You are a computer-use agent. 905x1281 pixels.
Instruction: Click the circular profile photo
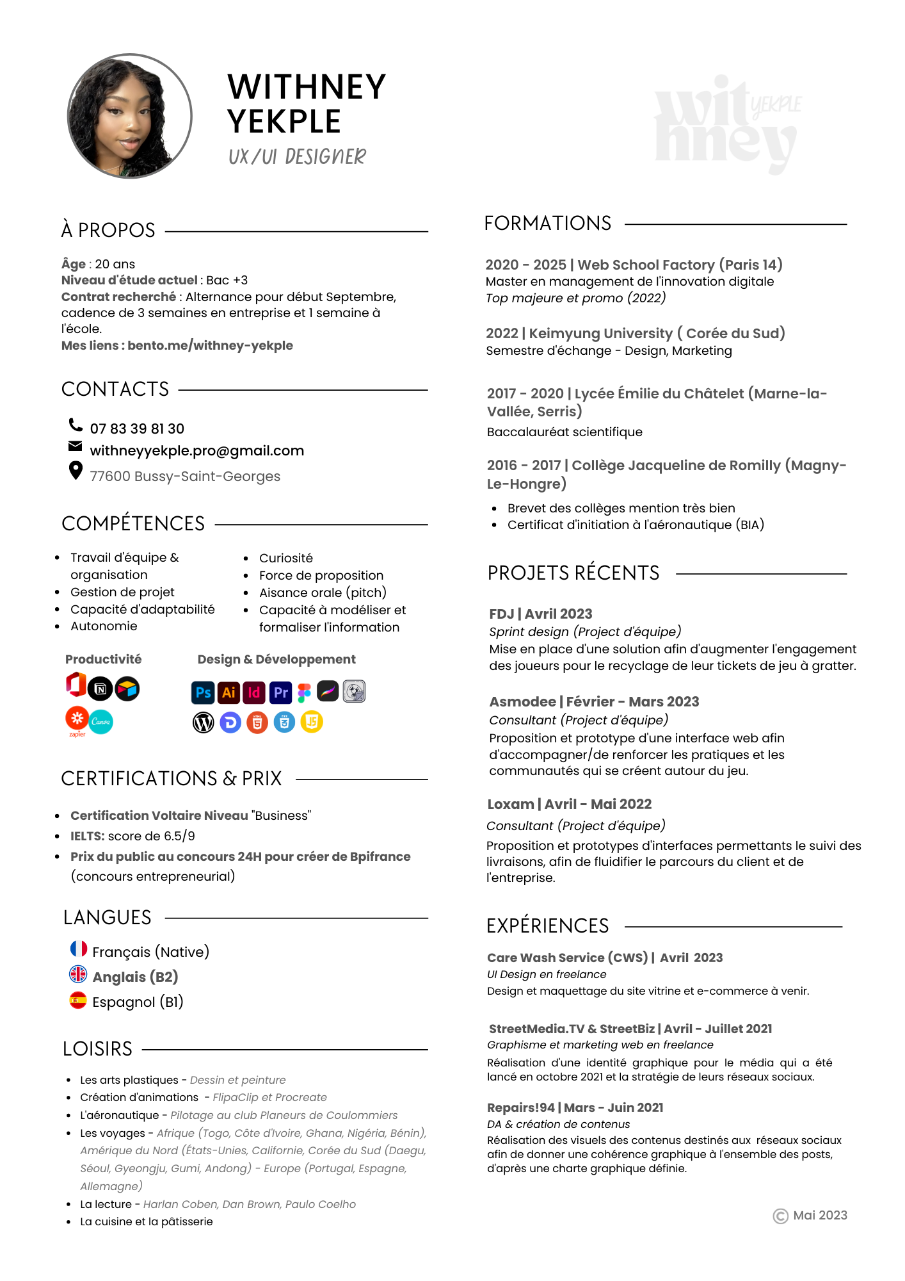[130, 116]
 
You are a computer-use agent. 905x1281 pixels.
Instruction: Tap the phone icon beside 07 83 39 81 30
[76, 425]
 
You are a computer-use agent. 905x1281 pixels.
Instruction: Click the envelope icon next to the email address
[76, 446]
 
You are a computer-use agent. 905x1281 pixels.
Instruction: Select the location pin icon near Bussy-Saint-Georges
[76, 471]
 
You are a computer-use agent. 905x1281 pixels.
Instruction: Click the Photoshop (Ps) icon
[203, 692]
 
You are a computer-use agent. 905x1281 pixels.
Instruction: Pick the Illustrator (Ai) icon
[228, 692]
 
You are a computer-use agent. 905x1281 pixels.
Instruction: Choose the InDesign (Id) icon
[254, 692]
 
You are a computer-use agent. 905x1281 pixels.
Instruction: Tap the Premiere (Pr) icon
[280, 692]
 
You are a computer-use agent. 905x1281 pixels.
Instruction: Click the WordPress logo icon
[204, 722]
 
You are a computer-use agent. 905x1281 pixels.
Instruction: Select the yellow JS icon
[312, 722]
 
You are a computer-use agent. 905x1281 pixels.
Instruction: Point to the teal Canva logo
[101, 722]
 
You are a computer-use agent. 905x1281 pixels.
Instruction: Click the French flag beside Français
[78, 949]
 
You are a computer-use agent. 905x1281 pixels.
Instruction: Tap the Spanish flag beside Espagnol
[78, 1000]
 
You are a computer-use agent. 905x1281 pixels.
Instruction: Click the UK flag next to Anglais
[78, 974]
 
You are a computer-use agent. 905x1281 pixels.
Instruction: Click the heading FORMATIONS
[548, 224]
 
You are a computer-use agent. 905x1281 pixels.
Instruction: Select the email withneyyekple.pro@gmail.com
[196, 451]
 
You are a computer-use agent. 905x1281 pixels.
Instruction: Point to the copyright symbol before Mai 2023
[780, 1216]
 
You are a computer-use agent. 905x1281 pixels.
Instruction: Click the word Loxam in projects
[510, 804]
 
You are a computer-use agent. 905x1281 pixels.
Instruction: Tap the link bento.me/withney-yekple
[210, 346]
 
